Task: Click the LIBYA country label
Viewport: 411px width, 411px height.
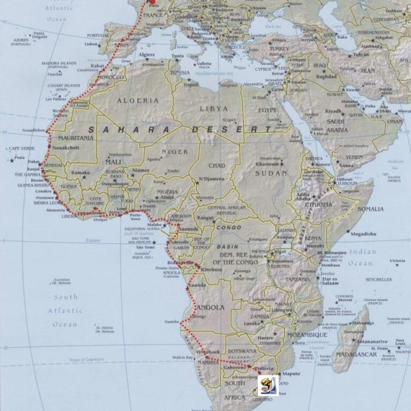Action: click(213, 108)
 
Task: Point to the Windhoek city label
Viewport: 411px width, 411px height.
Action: click(207, 352)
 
